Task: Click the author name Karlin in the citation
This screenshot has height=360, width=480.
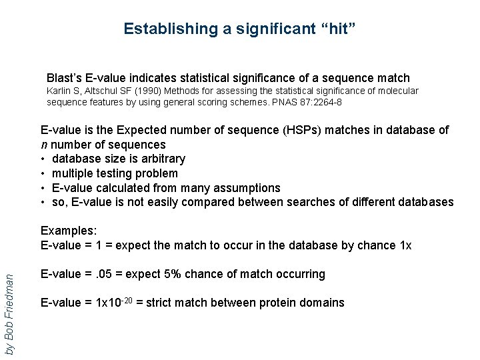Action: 57,91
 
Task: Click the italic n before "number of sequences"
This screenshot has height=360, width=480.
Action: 44,145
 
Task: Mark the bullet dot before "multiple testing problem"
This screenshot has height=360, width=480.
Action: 43,173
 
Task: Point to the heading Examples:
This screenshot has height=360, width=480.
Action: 69,231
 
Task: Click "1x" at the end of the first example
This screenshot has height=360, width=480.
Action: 405,245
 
